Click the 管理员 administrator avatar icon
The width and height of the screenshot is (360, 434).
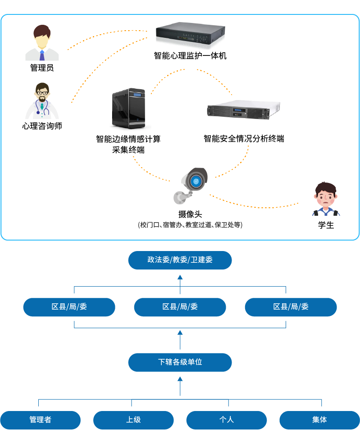click(x=42, y=43)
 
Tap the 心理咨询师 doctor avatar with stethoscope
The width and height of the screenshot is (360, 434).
click(x=42, y=101)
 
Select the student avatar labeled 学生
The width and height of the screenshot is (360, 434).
click(x=326, y=199)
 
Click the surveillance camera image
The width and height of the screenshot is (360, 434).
click(x=191, y=184)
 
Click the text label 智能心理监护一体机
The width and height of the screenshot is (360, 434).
click(x=190, y=56)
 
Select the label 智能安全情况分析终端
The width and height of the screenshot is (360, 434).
click(x=244, y=138)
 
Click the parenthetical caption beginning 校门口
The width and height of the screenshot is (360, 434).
click(x=190, y=224)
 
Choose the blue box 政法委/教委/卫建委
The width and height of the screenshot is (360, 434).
click(x=180, y=260)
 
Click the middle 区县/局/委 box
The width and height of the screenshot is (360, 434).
click(x=180, y=307)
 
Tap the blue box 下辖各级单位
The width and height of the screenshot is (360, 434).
click(x=180, y=362)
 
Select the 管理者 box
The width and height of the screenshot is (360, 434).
click(x=40, y=420)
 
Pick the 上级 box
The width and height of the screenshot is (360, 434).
click(x=133, y=420)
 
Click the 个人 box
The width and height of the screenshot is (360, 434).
click(x=226, y=420)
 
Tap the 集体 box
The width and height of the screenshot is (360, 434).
click(x=319, y=420)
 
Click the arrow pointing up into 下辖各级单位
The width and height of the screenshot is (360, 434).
click(x=180, y=386)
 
